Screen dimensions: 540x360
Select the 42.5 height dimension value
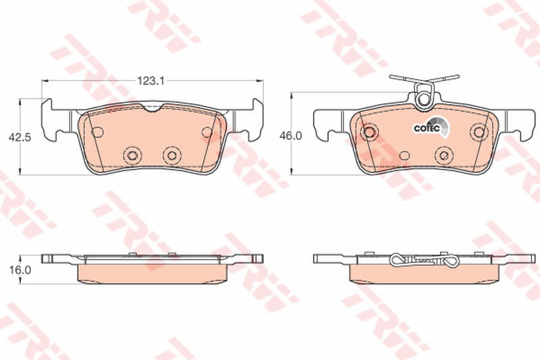20,137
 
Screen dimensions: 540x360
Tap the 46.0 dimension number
290,136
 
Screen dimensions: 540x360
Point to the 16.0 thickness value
20,269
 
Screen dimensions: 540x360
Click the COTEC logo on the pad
432,127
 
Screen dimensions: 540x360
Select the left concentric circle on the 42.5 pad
132,156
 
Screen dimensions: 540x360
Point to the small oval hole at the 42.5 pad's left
97,132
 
